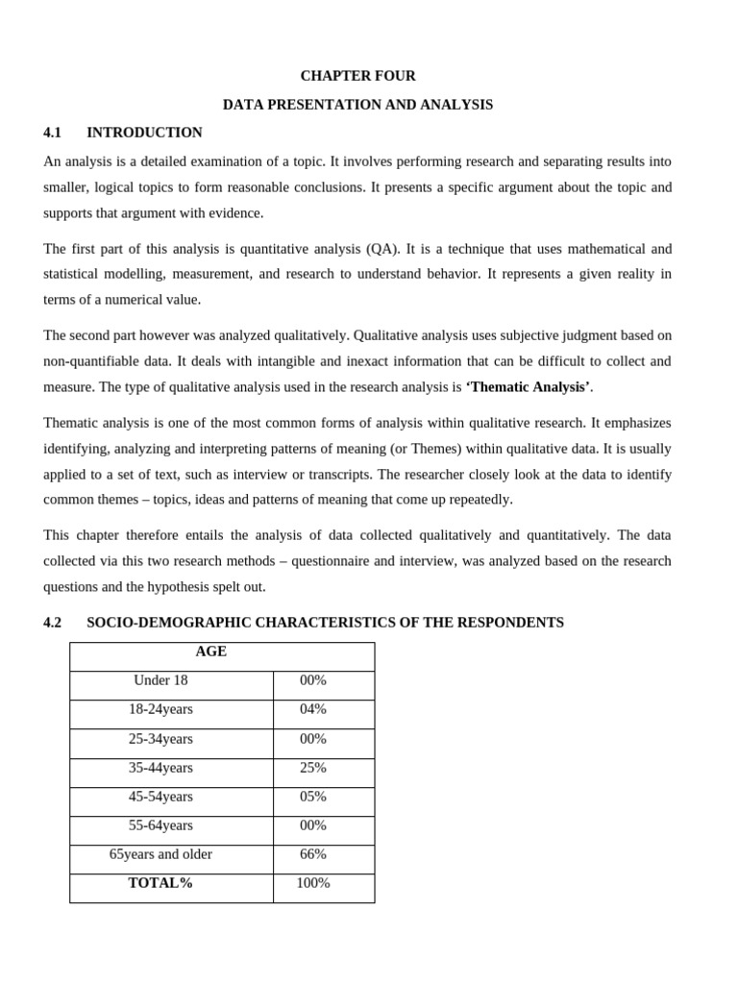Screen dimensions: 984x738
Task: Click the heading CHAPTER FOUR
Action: (x=357, y=76)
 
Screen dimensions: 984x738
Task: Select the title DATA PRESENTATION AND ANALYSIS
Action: (x=357, y=105)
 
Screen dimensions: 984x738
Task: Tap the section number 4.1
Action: (x=52, y=133)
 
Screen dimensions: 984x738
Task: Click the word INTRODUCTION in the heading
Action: (x=144, y=133)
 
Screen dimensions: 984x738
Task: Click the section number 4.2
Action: (x=52, y=623)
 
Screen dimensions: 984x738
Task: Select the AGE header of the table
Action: (x=211, y=652)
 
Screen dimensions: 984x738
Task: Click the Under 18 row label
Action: (x=160, y=680)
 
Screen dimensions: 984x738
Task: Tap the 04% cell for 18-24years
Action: (x=313, y=709)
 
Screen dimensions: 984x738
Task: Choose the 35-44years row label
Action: (x=160, y=768)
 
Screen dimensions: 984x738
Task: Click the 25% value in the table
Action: (x=313, y=768)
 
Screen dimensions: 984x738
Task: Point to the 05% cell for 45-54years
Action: (x=313, y=797)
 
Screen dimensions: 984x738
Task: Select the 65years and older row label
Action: (x=160, y=854)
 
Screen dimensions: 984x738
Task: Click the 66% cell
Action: (x=313, y=854)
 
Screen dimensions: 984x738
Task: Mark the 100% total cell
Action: (x=313, y=883)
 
